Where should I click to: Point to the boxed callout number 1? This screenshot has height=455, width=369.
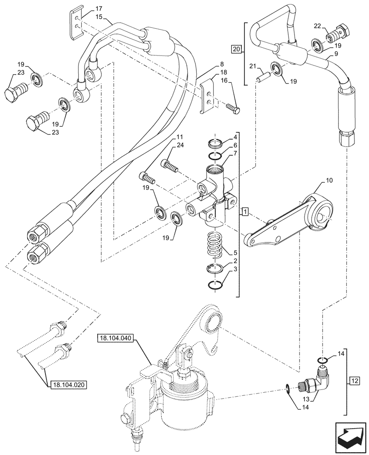point(245,212)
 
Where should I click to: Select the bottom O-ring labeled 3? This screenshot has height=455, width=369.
point(216,285)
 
